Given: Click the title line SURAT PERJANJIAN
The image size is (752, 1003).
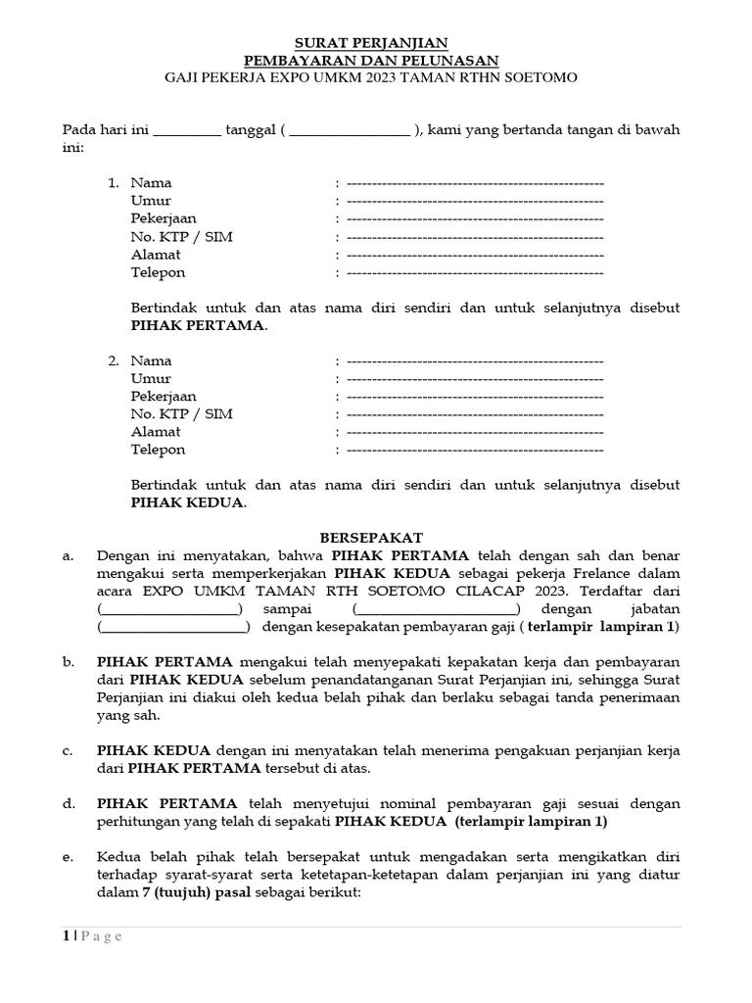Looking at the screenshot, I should point(372,42).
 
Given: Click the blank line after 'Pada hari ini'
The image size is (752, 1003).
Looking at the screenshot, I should point(188,131).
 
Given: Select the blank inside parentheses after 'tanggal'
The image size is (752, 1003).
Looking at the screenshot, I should point(350,131).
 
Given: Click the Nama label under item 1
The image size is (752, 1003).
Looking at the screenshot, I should point(151,183).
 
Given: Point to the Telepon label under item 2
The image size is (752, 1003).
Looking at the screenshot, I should point(158,450).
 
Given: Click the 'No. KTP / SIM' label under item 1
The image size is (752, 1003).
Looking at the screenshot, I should point(181,237).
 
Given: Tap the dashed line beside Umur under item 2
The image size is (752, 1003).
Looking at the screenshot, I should point(475,379).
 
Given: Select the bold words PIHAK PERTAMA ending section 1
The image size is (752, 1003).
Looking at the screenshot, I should point(198,326).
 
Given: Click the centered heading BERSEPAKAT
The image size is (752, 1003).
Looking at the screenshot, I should point(372,539).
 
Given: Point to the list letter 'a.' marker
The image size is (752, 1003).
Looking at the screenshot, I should point(69,556).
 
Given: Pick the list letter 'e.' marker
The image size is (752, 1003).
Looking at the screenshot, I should point(69,858).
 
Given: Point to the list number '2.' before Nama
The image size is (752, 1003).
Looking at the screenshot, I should point(114,361).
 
